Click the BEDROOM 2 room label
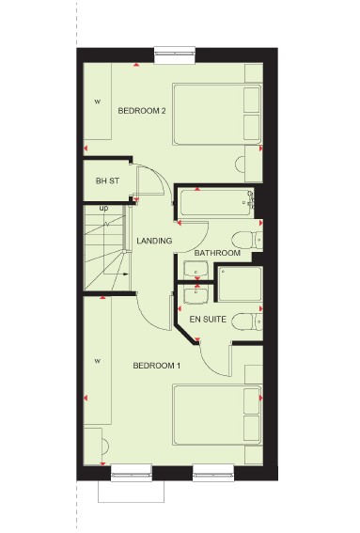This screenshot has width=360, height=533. [x=142, y=111]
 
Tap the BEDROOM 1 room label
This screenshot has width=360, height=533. [x=157, y=366]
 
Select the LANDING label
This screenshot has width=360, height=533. [x=154, y=241]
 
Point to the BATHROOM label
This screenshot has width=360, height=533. [x=217, y=253]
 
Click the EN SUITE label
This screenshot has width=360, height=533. [x=208, y=320]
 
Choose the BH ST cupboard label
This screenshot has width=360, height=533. [x=107, y=181]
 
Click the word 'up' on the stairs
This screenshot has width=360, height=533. [x=104, y=208]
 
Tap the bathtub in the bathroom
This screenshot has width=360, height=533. [x=217, y=203]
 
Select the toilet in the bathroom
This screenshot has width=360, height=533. [x=247, y=241]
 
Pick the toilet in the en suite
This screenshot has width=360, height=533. [x=248, y=321]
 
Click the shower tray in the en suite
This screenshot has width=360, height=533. [x=241, y=284]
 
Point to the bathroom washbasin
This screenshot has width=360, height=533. [x=196, y=270]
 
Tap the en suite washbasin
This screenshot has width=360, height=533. [x=196, y=294]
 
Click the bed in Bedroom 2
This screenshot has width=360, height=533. [x=217, y=114]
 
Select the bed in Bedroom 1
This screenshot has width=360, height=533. [x=217, y=415]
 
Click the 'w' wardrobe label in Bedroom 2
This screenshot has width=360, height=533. [x=98, y=102]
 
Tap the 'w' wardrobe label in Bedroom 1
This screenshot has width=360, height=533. [x=98, y=361]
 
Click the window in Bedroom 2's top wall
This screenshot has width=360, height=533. [x=175, y=55]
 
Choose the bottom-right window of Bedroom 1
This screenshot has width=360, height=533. [x=213, y=473]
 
